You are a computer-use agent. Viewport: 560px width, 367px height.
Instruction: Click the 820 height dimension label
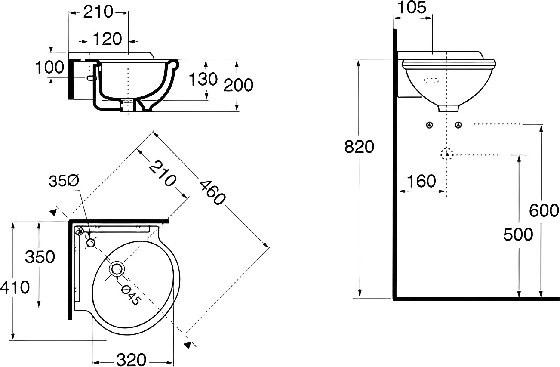tap(359, 147)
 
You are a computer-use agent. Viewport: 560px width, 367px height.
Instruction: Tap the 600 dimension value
tap(544, 210)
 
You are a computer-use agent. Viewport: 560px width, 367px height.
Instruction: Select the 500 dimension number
tap(518, 234)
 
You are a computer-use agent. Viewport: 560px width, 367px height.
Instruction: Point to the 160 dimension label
tap(422, 181)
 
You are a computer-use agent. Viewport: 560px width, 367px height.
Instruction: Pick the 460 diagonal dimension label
tap(213, 193)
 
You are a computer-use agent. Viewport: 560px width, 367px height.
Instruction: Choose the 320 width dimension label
tap(131, 360)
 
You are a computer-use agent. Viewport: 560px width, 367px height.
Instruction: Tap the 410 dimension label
tap(15, 287)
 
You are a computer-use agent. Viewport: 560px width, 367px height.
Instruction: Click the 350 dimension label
tap(40, 257)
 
